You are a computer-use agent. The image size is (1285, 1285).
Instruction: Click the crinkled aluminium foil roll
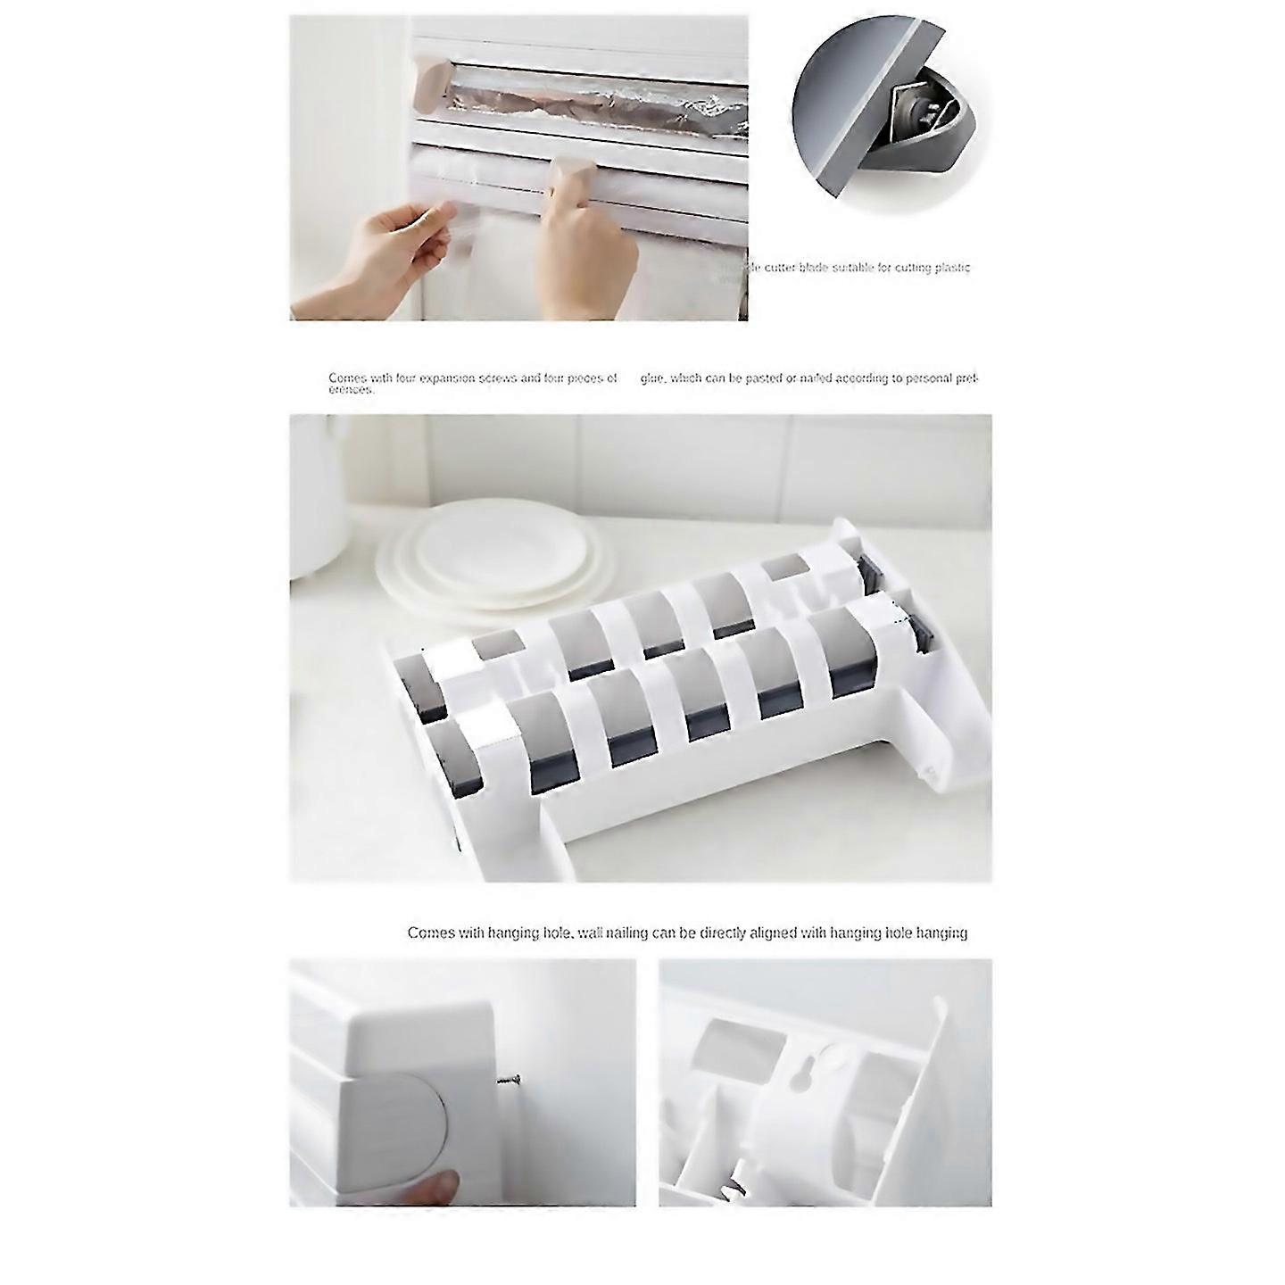pyautogui.click(x=580, y=98)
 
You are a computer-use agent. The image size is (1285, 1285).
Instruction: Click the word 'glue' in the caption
pyautogui.click(x=652, y=378)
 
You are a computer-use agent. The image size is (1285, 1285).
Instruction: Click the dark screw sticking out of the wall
pyautogui.click(x=510, y=1081)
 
